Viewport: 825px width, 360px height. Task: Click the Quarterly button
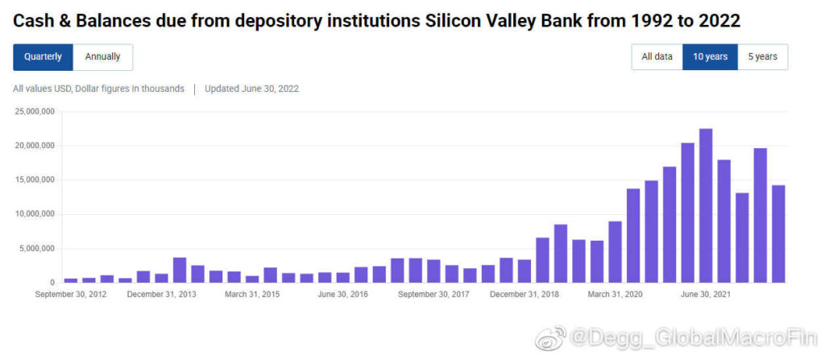[x=43, y=57]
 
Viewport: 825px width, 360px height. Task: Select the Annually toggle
[x=103, y=57]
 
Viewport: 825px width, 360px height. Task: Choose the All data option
[x=657, y=57]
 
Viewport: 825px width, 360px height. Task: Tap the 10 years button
[x=710, y=57]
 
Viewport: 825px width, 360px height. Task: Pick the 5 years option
[x=762, y=57]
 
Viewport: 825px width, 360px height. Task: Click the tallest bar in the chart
[x=706, y=205]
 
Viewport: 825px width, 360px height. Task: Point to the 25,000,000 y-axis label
[x=34, y=112]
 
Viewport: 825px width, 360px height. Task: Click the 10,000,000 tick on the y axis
[x=34, y=214]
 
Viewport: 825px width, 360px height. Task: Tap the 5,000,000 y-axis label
[x=36, y=249]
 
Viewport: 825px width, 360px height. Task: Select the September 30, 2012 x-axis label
[x=72, y=295]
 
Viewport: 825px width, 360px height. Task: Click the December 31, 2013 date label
[x=163, y=295]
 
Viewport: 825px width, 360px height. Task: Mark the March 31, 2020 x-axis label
[x=617, y=295]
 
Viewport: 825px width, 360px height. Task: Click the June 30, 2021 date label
[x=707, y=295]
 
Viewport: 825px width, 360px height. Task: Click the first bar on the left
[x=71, y=280]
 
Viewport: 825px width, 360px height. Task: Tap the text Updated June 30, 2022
[x=251, y=89]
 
